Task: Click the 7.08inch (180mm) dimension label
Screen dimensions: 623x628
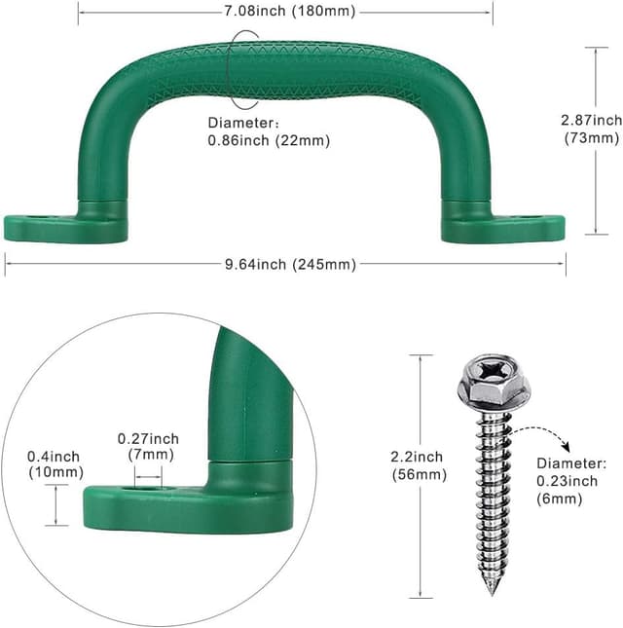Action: (289, 11)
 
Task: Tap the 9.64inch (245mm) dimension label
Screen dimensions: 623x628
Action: (290, 264)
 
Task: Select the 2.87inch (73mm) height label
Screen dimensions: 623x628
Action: (592, 129)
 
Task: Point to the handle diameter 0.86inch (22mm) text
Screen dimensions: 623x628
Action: (269, 131)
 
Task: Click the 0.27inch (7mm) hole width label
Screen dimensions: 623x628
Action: (148, 447)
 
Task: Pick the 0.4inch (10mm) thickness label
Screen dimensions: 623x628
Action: (55, 464)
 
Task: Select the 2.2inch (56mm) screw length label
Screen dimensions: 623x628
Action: (419, 465)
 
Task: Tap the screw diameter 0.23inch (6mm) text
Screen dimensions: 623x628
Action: (571, 481)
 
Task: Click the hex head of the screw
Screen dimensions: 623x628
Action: (494, 380)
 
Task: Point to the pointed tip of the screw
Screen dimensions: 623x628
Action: (493, 592)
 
